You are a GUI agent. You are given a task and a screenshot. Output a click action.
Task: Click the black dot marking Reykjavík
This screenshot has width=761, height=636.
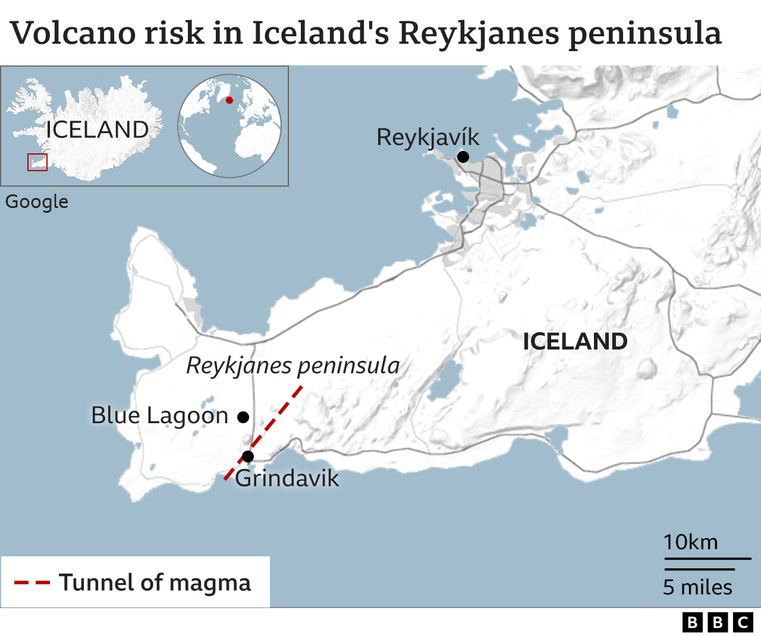pos(463,157)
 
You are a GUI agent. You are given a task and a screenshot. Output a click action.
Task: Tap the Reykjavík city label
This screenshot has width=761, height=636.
pos(427,137)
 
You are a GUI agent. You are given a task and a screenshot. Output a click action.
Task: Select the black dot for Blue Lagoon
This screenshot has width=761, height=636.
pos(243,417)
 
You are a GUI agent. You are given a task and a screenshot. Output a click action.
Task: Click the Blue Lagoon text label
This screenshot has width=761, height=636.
pos(159,415)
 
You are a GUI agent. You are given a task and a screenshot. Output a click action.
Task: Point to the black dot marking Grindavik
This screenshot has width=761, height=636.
pos(248,456)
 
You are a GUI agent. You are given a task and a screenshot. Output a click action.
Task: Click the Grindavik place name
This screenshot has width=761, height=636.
pos(287,478)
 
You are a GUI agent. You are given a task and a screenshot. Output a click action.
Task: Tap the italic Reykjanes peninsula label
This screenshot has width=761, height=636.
pos(293,366)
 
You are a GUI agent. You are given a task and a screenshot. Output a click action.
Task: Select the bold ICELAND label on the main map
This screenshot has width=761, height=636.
pos(575,341)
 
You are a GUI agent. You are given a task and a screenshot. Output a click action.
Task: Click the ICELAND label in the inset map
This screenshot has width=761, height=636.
pos(97,130)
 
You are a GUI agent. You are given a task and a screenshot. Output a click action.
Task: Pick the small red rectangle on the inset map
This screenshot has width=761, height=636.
pos(37,162)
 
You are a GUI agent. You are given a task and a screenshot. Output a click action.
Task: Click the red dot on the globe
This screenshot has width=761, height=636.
pos(229,100)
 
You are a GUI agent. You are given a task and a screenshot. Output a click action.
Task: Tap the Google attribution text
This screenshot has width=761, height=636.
pos(37,201)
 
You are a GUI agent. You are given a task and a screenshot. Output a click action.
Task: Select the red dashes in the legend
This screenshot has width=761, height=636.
pos(32,583)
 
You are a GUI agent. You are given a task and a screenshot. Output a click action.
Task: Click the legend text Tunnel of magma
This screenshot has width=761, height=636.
pos(155,583)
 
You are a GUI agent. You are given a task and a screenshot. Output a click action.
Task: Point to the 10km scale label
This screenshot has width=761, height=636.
pos(690,542)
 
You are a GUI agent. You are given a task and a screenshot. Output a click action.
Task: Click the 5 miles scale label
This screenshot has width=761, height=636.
pos(697,587)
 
